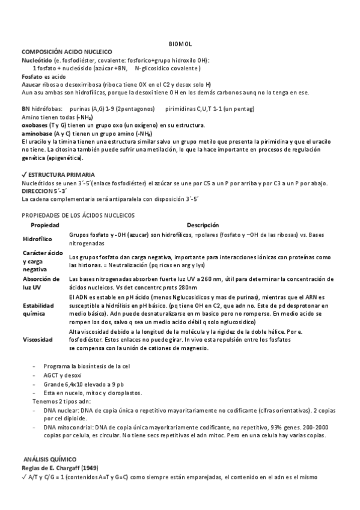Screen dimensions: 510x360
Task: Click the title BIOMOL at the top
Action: pyautogui.click(x=180, y=44)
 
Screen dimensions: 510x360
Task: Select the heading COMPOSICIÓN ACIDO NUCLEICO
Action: pyautogui.click(x=66, y=52)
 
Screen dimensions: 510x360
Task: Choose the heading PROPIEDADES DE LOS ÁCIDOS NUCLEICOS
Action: pyautogui.click(x=78, y=215)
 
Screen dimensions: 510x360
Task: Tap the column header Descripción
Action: pyautogui.click(x=203, y=225)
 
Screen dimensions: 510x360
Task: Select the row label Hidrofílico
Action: pyautogui.click(x=38, y=239)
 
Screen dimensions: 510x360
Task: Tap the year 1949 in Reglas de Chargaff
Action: pyautogui.click(x=90, y=468)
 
